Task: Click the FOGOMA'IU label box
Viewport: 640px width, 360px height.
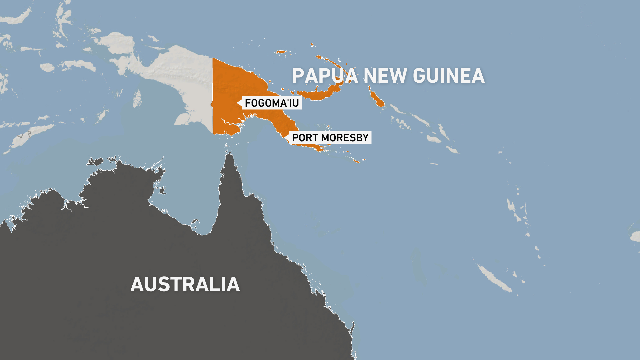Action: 272,103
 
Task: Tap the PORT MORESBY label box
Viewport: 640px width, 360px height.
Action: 330,138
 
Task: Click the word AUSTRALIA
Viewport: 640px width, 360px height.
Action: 185,284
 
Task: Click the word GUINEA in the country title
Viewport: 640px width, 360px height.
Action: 449,76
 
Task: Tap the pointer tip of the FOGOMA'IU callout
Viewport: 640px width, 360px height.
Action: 237,103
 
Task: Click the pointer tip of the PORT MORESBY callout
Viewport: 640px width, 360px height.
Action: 285,137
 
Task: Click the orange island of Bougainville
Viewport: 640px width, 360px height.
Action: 377,98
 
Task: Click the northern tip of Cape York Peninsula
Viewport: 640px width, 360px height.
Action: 229,154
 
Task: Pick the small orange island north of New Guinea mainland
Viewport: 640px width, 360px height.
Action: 281,52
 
